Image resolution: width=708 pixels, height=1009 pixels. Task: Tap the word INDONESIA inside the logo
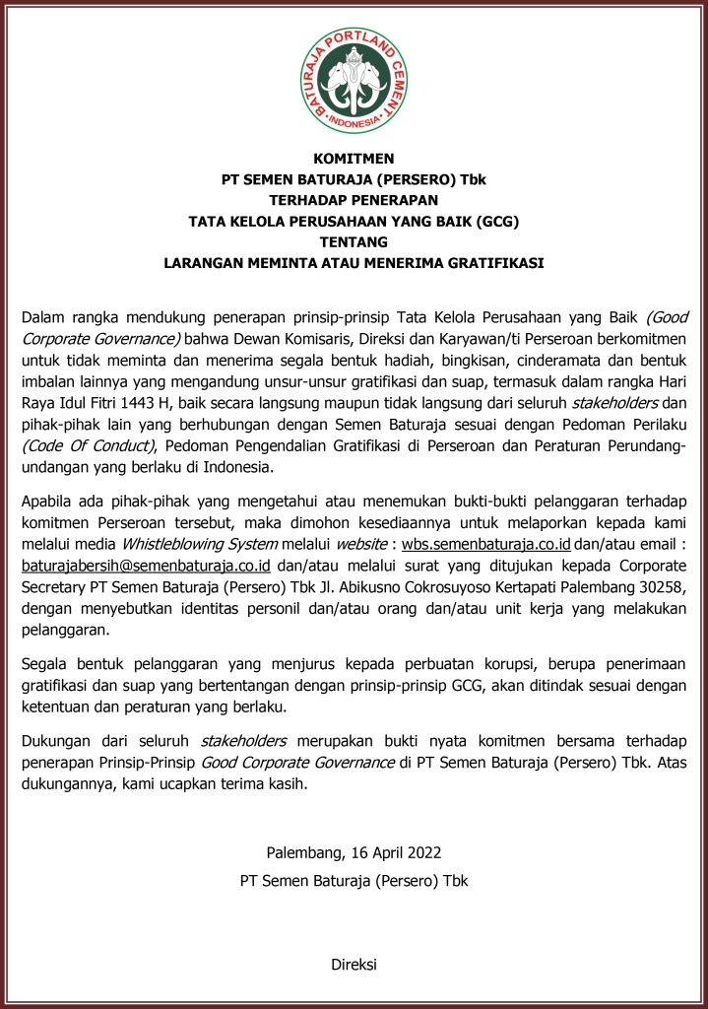pos(354,124)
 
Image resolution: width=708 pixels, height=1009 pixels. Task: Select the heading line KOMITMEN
pos(354,158)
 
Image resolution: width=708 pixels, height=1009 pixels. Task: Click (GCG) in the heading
pos(497,221)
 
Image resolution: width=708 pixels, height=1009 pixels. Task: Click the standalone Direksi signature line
pos(354,965)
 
